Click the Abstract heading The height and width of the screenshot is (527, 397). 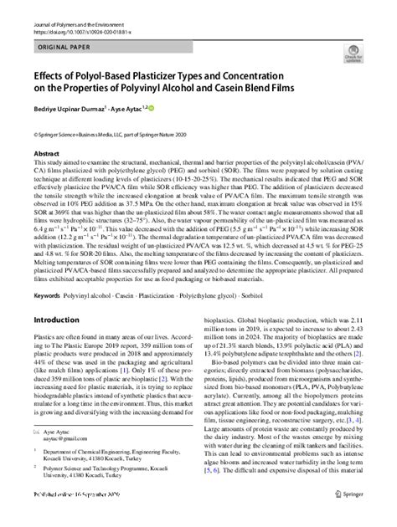point(47,155)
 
